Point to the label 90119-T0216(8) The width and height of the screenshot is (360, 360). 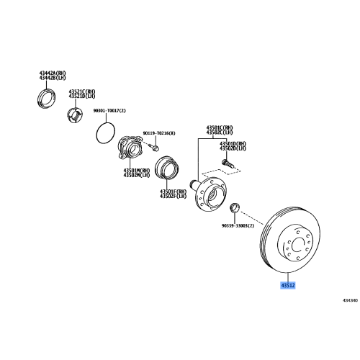point(159,134)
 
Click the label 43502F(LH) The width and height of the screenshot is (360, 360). point(174,196)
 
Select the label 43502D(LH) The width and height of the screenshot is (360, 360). point(233,148)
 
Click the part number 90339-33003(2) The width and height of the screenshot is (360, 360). point(237,225)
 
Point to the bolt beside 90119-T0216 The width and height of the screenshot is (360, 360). point(154,148)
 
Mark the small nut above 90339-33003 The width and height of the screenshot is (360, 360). point(234,210)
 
